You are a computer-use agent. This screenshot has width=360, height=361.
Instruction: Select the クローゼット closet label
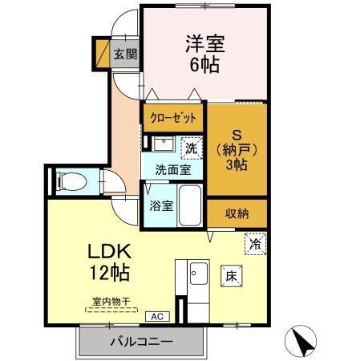point(172,117)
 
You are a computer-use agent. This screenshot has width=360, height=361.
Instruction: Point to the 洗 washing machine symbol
point(191,148)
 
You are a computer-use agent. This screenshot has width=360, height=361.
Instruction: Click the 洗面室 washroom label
point(172,170)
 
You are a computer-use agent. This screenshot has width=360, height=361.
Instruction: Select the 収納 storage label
point(237,213)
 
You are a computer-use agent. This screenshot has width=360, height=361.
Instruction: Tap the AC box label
point(156,317)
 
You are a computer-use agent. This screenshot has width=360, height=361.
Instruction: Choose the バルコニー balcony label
point(141,342)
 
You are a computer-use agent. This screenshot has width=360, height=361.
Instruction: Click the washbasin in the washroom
point(163,145)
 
